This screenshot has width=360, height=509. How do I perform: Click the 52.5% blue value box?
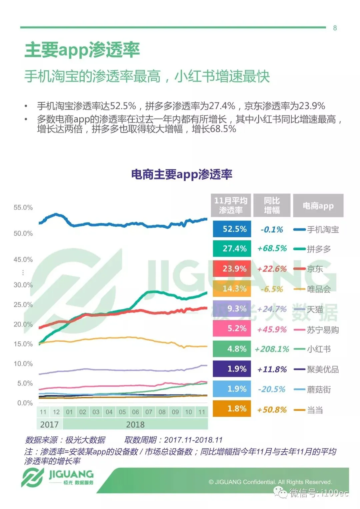232,229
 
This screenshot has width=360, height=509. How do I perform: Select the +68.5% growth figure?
272,249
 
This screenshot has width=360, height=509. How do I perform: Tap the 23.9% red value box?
232,269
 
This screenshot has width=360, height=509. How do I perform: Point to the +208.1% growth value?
272,349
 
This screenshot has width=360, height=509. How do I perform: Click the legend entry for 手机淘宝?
316,230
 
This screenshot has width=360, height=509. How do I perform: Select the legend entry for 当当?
308,410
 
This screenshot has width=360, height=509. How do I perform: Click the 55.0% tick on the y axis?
23,207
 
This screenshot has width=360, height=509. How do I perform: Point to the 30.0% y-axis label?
23,285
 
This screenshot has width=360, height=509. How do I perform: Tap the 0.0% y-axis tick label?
25,403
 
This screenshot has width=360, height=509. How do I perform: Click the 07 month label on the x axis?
149,412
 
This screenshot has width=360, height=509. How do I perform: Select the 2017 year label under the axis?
49,424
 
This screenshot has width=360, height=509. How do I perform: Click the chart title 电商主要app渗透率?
182,175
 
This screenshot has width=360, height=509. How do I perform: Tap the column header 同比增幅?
272,205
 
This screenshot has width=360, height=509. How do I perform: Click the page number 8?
335,28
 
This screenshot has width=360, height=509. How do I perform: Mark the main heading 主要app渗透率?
82,50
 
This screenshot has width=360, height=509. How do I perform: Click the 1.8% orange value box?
232,408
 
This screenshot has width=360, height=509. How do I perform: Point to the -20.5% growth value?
272,389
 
